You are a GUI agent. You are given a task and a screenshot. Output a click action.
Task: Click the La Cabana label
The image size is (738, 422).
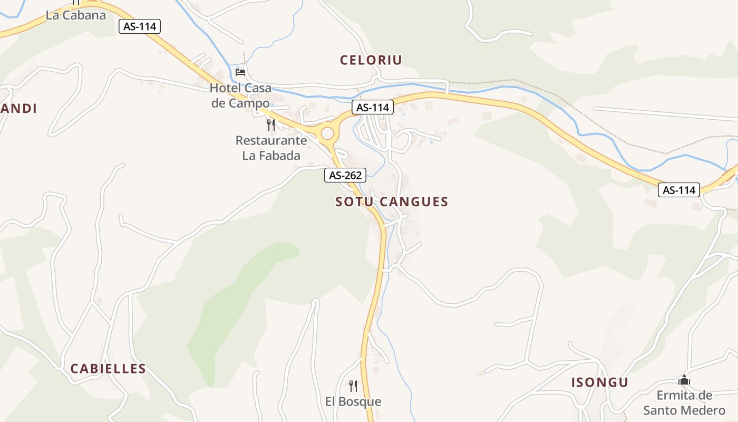[76, 15]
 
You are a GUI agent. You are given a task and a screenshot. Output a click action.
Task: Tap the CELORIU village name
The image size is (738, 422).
[371, 60]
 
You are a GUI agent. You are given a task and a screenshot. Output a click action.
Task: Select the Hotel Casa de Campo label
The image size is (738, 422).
[240, 95]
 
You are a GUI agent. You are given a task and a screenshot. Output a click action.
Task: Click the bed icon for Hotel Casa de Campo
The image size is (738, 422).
[240, 72]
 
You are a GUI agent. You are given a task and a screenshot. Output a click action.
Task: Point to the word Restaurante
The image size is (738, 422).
[271, 141]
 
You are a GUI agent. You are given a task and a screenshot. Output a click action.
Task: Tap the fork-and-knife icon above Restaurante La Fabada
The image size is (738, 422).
[271, 125]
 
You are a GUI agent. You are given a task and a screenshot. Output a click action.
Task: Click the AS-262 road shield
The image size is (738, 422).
[345, 175]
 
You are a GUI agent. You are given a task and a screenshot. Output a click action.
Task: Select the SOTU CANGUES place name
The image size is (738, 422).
[392, 202]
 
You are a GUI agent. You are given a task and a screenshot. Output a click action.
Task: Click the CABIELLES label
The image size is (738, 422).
[108, 369]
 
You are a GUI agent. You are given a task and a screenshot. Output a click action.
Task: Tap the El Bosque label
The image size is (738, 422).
[353, 401]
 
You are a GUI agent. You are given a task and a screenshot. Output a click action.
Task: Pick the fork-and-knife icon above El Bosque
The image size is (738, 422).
[353, 386]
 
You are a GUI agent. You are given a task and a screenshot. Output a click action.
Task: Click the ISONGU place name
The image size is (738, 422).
[600, 382]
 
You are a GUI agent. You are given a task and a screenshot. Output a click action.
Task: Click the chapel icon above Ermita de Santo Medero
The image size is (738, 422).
[684, 380]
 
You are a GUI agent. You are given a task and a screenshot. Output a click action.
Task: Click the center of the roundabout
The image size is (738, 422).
[327, 132]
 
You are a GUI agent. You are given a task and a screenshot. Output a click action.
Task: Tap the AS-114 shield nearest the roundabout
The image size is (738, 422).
[373, 108]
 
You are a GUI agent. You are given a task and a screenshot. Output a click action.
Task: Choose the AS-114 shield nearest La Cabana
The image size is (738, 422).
[140, 26]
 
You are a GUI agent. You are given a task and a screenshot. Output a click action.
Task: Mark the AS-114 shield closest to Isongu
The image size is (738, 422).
[679, 190]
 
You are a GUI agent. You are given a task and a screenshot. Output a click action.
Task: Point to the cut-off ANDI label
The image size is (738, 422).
[19, 109]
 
